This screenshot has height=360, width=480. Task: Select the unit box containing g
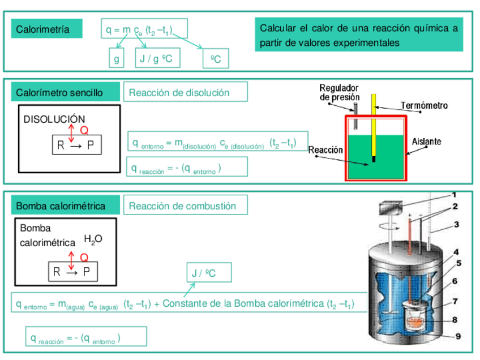pyautogui.click(x=116, y=58)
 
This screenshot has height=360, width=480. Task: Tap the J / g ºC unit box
pyautogui.click(x=157, y=58)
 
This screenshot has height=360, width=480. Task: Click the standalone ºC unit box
pyautogui.click(x=216, y=59)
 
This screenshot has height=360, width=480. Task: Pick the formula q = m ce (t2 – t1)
pyautogui.click(x=144, y=29)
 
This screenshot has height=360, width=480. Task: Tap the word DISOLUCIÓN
pyautogui.click(x=54, y=119)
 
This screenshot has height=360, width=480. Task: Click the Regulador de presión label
pyautogui.click(x=340, y=92)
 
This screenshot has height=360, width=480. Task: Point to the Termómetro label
pyautogui.click(x=424, y=105)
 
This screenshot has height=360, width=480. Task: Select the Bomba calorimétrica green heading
pyautogui.click(x=65, y=205)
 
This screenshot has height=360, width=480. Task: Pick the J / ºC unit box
pyautogui.click(x=208, y=273)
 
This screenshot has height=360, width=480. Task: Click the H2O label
pyautogui.click(x=93, y=239)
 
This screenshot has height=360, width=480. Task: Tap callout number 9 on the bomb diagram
pyautogui.click(x=458, y=336)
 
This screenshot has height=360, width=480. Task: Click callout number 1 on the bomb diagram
pyautogui.click(x=453, y=195)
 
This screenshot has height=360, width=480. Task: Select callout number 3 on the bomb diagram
pyautogui.click(x=456, y=225)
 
